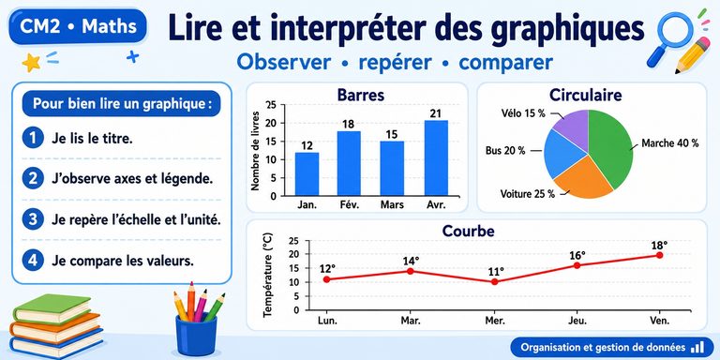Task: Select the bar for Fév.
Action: click(x=349, y=163)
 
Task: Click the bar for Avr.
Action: click(x=436, y=157)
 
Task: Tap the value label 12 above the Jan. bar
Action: click(x=307, y=146)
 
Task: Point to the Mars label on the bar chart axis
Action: click(x=392, y=204)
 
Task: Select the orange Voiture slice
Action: click(x=583, y=179)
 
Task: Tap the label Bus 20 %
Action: click(x=505, y=151)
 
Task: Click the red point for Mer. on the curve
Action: click(x=494, y=281)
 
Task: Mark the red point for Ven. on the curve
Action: click(x=659, y=255)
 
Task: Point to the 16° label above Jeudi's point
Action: click(x=577, y=255)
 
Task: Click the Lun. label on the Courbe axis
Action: click(x=327, y=321)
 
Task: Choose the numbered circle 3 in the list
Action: click(x=33, y=219)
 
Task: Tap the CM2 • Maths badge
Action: click(x=78, y=26)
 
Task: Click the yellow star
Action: click(x=31, y=63)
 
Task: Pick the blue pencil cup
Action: click(x=196, y=335)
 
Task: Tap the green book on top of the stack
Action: click(x=52, y=308)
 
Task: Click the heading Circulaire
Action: click(x=585, y=95)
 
